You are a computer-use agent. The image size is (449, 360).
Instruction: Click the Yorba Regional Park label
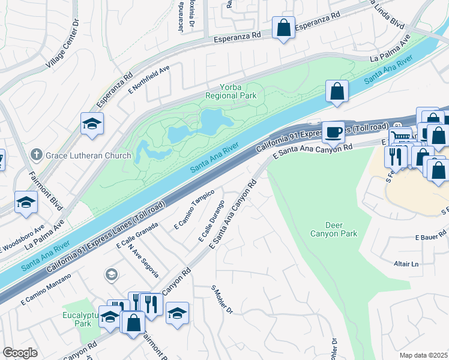[x=231, y=91]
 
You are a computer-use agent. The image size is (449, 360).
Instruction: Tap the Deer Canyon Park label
[x=334, y=229]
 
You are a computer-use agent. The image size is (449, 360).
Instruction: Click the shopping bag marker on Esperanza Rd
[x=283, y=27]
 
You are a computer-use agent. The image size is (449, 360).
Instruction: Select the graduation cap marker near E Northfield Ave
[x=92, y=124]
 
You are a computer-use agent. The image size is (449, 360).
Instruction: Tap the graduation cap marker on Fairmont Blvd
[x=26, y=203]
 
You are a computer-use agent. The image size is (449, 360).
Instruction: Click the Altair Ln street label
[x=406, y=264]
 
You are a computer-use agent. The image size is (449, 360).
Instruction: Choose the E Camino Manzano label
[x=46, y=290]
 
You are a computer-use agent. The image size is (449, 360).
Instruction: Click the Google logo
[x=20, y=353]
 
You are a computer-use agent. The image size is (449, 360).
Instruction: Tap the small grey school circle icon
[x=111, y=275]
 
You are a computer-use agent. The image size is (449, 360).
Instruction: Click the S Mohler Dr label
[x=221, y=299]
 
